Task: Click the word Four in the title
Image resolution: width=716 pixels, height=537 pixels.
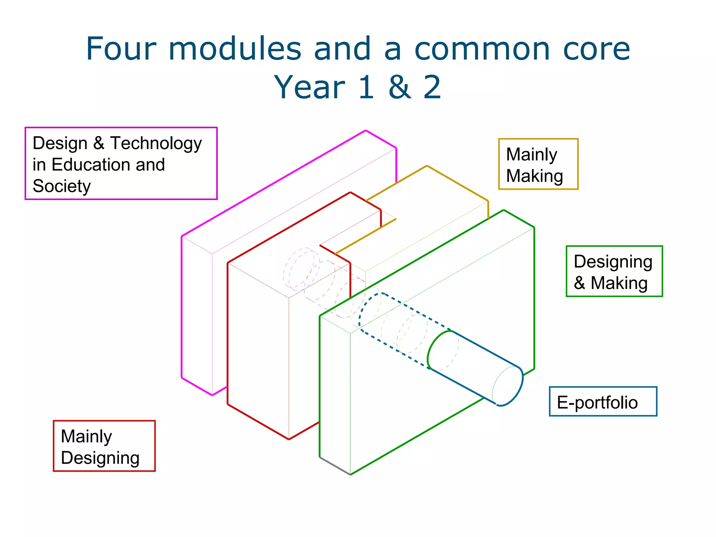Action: pyautogui.click(x=121, y=49)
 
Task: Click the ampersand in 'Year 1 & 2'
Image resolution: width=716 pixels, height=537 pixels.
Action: pyautogui.click(x=399, y=87)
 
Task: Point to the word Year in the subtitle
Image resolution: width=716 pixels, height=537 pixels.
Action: pyautogui.click(x=310, y=87)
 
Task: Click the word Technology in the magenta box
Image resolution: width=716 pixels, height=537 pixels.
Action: pyautogui.click(x=156, y=144)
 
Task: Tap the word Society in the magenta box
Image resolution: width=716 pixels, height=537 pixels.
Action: pyautogui.click(x=62, y=186)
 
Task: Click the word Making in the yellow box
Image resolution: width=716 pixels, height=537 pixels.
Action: pyautogui.click(x=535, y=176)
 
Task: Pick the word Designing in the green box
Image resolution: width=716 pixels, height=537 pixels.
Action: pyautogui.click(x=613, y=262)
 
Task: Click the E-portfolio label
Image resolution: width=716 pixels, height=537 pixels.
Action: pyautogui.click(x=597, y=402)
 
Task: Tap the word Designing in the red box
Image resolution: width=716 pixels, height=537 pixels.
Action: pyautogui.click(x=100, y=458)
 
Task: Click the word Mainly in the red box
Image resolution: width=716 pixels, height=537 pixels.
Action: pyautogui.click(x=86, y=436)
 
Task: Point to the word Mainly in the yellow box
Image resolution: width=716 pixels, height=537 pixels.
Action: pyautogui.click(x=532, y=155)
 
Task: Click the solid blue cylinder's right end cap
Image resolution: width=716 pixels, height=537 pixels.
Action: pyautogui.click(x=508, y=386)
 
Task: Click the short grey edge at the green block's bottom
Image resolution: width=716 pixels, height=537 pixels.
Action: pyautogui.click(x=335, y=466)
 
